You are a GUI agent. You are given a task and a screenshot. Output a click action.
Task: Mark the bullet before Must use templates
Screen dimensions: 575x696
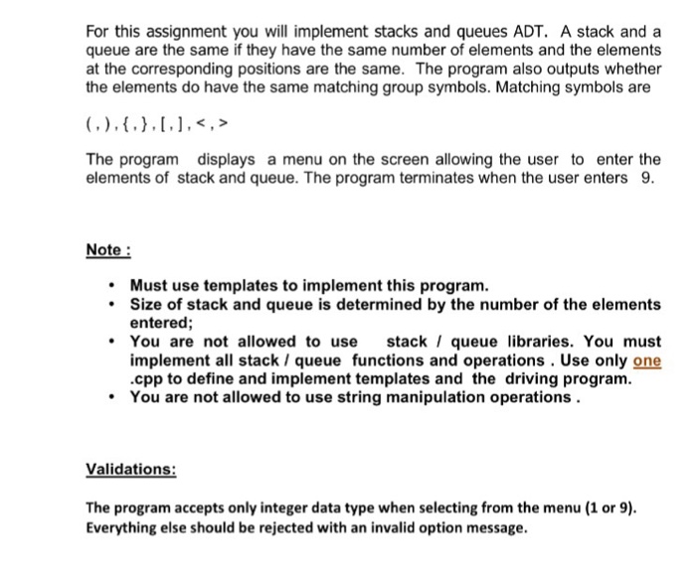(115, 286)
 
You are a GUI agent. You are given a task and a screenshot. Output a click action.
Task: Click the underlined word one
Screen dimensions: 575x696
(646, 360)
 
